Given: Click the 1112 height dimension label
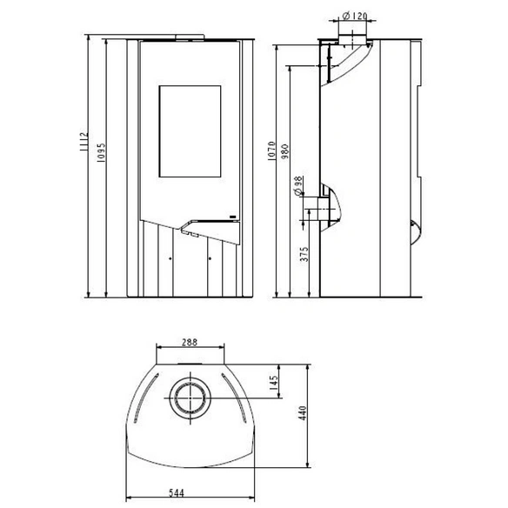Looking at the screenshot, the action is pyautogui.click(x=84, y=142).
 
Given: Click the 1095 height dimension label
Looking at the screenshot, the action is pyautogui.click(x=102, y=152).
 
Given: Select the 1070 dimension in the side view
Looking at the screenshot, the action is pyautogui.click(x=271, y=151).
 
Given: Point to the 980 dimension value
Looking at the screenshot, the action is pyautogui.click(x=284, y=151).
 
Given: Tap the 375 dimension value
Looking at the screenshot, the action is pyautogui.click(x=304, y=254).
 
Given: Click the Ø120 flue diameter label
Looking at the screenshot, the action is pyautogui.click(x=355, y=16).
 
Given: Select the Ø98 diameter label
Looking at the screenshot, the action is pyautogui.click(x=298, y=185).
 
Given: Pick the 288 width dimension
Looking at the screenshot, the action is pyautogui.click(x=190, y=342).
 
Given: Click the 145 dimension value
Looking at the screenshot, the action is pyautogui.click(x=274, y=383).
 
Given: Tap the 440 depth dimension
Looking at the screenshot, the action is pyautogui.click(x=302, y=413).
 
